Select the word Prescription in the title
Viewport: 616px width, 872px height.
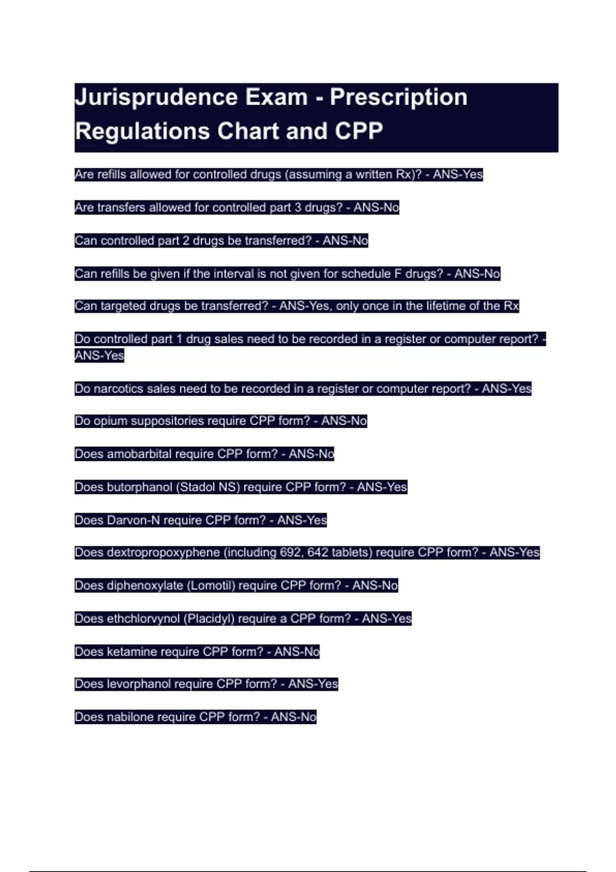pos(398,97)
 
